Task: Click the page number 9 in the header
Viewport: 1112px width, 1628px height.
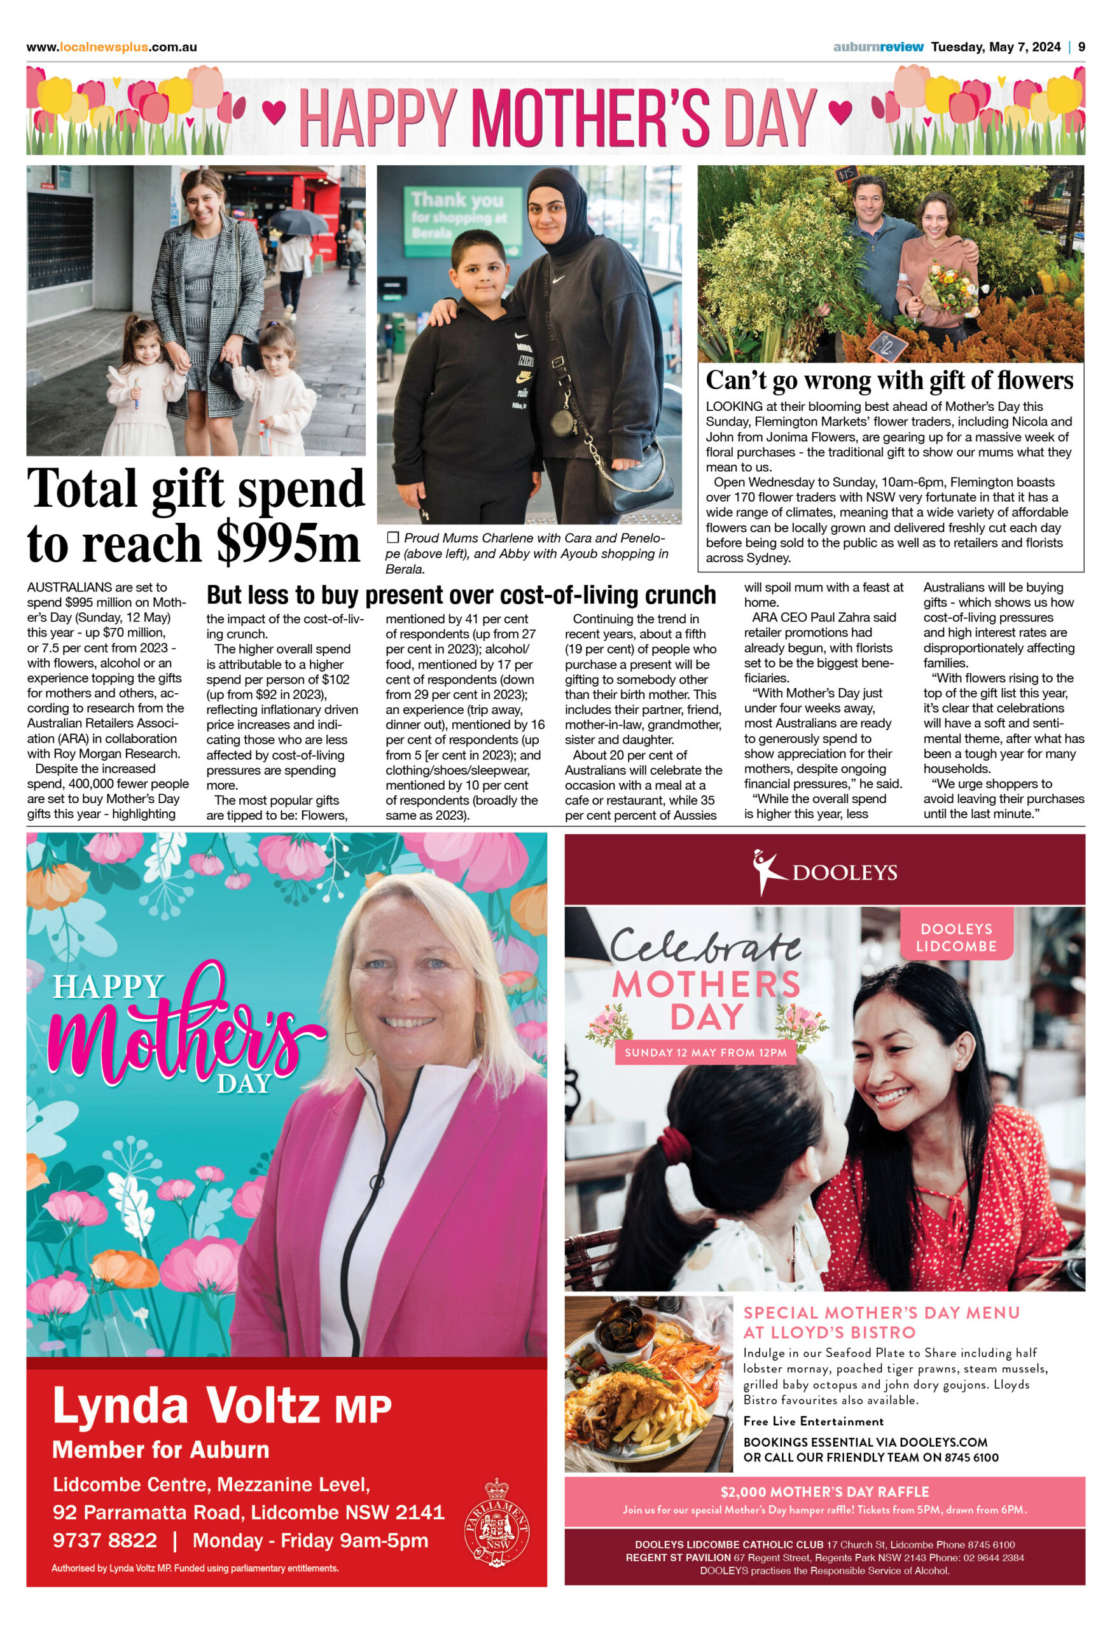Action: pyautogui.click(x=1081, y=47)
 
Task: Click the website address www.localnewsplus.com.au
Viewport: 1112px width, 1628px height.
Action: pyautogui.click(x=111, y=47)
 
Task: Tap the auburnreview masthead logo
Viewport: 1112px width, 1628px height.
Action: pyautogui.click(x=878, y=47)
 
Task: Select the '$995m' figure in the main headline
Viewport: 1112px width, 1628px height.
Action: pyautogui.click(x=288, y=544)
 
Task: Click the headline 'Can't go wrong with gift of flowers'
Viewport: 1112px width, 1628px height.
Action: pyautogui.click(x=889, y=380)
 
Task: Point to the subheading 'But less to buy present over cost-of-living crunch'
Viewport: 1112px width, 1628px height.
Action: pyautogui.click(x=461, y=595)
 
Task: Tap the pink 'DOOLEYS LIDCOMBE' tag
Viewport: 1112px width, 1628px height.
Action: pyautogui.click(x=956, y=937)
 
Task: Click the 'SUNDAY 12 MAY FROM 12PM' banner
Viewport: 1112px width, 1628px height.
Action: pyautogui.click(x=705, y=1052)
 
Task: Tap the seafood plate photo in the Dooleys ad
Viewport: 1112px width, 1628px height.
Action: pyautogui.click(x=648, y=1383)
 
